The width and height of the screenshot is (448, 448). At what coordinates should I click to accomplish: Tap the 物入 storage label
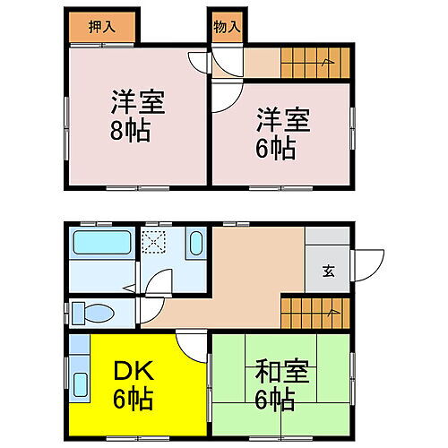(226, 27)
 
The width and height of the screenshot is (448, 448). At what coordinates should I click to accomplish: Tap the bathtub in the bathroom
(101, 245)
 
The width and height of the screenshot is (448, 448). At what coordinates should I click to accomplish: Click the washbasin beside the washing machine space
(196, 244)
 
